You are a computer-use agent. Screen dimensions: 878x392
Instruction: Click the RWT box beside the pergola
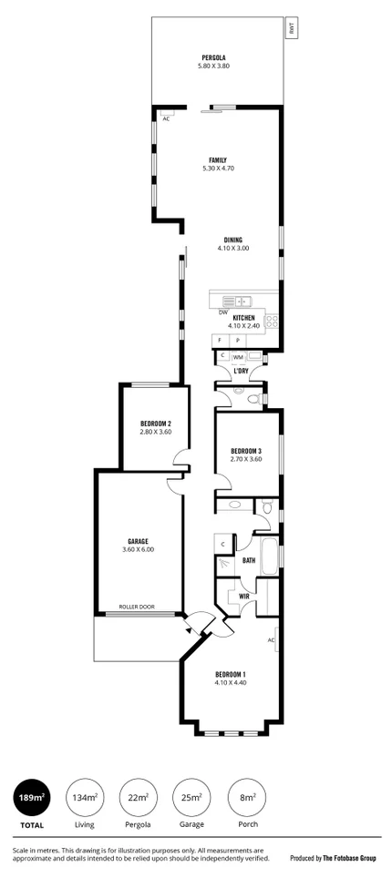point(291,28)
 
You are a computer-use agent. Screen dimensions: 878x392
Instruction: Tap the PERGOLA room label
point(212,57)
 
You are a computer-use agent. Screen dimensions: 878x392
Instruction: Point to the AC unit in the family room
point(166,117)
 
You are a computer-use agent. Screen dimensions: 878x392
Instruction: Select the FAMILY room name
point(217,159)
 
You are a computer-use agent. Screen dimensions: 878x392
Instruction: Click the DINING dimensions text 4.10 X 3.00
point(232,248)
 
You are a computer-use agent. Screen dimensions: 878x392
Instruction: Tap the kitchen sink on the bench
point(242,300)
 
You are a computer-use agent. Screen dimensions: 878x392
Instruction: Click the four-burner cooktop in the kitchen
point(271,320)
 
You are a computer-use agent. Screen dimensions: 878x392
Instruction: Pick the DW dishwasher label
point(222,311)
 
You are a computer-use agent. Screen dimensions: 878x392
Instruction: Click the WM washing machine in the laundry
point(238,357)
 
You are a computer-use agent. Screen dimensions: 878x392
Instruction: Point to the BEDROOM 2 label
point(156,424)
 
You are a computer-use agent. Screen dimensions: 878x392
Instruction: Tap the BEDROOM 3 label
point(246,451)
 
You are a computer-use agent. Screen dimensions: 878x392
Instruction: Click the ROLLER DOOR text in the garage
point(137,607)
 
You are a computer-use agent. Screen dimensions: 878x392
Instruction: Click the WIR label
point(244,596)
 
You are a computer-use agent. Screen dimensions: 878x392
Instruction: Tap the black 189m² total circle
point(30,799)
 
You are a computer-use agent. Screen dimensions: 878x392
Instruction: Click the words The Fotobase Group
point(352,858)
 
